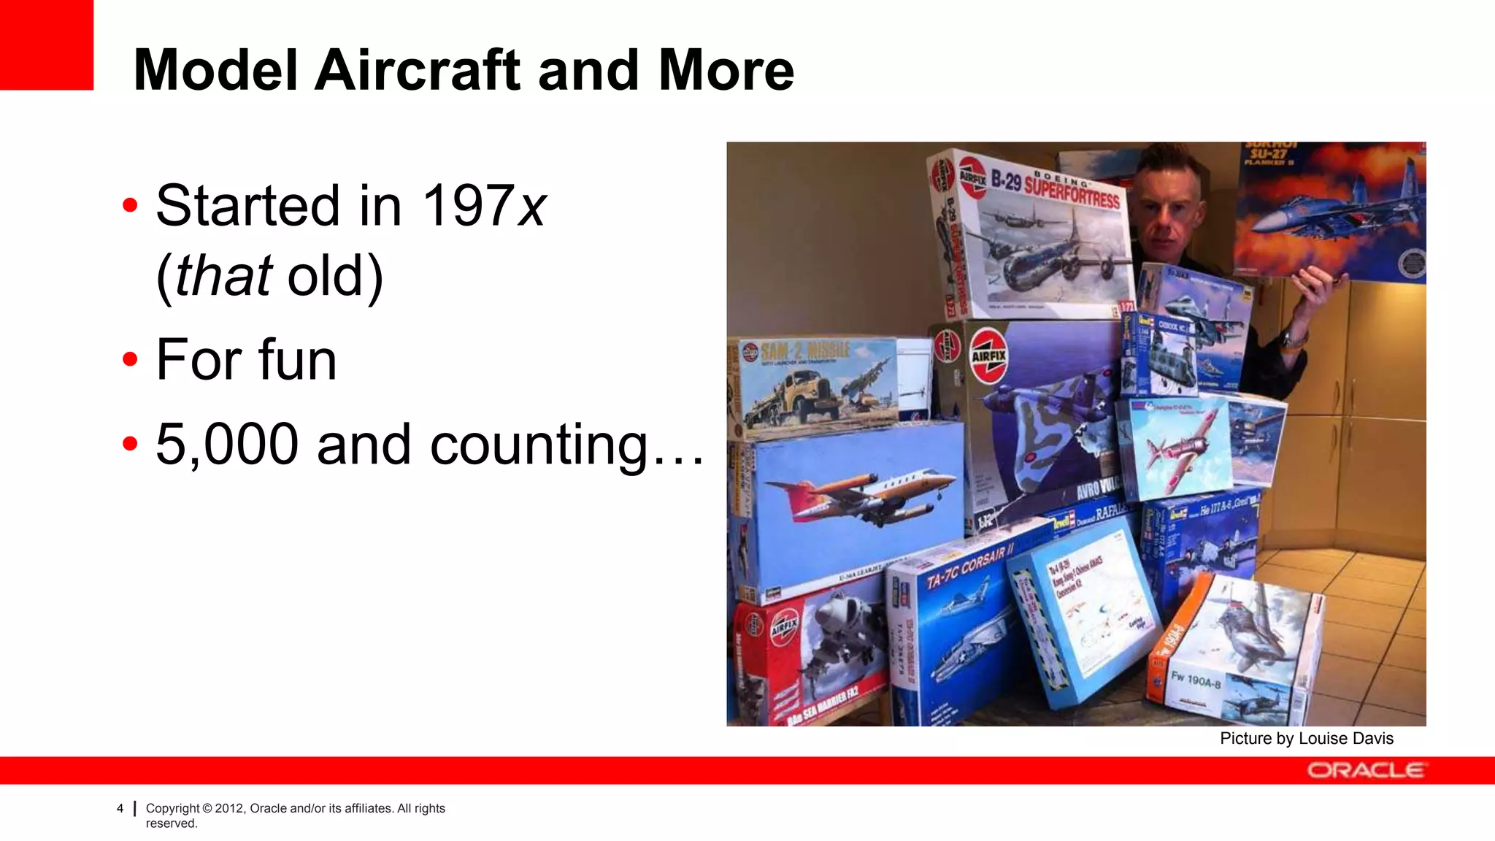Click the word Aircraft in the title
(418, 70)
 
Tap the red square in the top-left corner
(46, 45)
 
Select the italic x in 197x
(531, 206)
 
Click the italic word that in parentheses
(223, 276)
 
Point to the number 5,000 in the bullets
(227, 444)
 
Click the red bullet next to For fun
(130, 360)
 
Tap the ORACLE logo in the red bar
(1364, 770)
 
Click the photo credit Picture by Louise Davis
(1306, 738)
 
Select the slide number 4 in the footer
(120, 808)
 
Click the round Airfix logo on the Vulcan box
(988, 356)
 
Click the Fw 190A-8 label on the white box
(1196, 680)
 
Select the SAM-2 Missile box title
(804, 350)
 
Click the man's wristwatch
(1294, 339)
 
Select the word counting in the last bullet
(539, 444)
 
